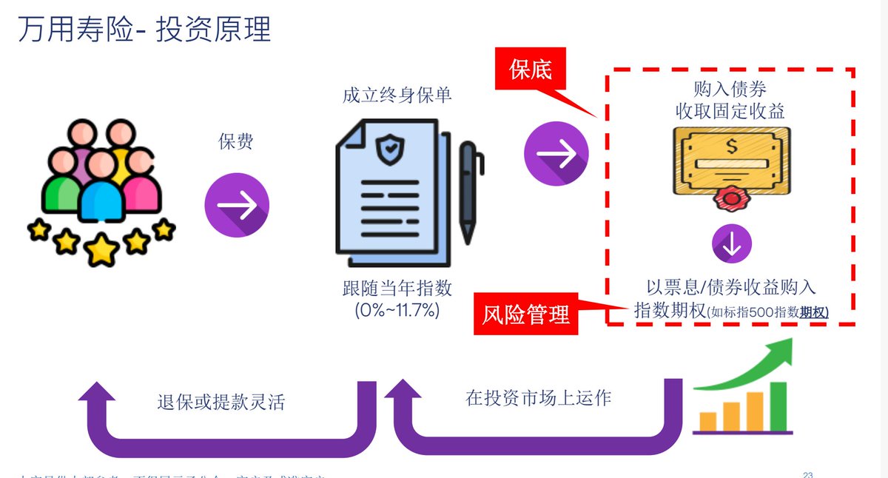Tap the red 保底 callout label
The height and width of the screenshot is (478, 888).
531,70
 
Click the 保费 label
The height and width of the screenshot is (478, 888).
236,141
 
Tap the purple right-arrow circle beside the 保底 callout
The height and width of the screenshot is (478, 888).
556,155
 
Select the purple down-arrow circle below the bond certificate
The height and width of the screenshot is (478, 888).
731,245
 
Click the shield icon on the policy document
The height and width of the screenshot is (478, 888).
388,150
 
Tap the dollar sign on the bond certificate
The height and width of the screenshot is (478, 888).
731,147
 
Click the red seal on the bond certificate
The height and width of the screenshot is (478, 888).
731,199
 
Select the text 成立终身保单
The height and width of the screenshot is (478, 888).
397,95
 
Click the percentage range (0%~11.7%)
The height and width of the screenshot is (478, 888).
397,310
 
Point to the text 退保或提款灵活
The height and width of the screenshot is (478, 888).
221,403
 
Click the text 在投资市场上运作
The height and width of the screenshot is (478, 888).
538,397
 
